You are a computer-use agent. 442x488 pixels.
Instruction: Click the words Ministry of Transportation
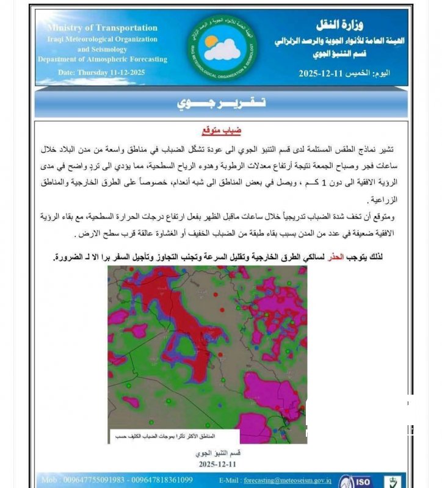pyautogui.click(x=102, y=27)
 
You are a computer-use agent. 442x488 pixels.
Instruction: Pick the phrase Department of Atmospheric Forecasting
pyautogui.click(x=102, y=59)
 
